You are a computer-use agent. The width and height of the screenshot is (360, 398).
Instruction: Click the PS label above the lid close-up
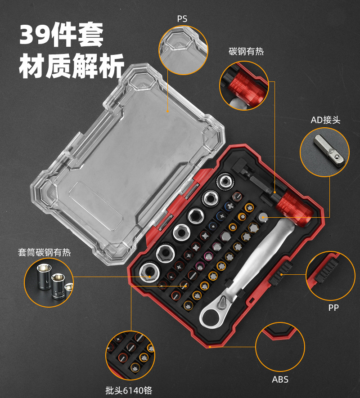click(182, 19)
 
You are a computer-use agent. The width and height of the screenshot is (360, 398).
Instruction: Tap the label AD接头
click(325, 120)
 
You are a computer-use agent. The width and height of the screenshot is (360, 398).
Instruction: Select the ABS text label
click(280, 380)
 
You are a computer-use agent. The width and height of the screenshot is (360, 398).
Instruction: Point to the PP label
click(333, 308)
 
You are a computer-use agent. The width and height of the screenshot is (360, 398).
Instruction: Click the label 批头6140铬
click(129, 390)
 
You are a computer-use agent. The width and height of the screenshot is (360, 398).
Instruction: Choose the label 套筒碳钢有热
click(44, 252)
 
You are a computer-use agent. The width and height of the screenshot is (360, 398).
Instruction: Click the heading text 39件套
click(61, 35)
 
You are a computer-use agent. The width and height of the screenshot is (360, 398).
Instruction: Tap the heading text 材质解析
click(72, 66)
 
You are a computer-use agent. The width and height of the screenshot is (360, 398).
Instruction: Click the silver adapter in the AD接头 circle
click(329, 151)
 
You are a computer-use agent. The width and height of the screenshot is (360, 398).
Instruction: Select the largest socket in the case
click(149, 273)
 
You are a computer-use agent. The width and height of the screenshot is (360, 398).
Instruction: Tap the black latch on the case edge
click(280, 273)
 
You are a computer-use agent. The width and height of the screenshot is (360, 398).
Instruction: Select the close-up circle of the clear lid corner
click(184, 50)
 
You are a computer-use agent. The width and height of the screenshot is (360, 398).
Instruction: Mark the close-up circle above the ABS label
click(280, 347)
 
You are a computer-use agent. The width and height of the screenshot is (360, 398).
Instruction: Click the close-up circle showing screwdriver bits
click(130, 355)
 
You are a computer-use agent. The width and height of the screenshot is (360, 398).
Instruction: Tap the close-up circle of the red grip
click(244, 85)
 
